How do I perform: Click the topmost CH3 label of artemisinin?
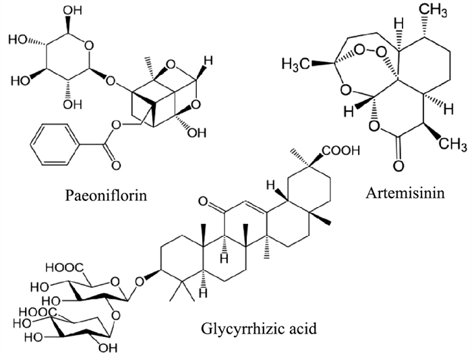point(431,11)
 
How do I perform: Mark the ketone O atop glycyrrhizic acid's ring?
point(201,200)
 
